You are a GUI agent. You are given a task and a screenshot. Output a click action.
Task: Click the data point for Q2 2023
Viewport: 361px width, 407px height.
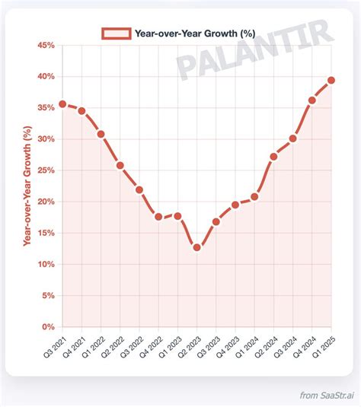point(196,247)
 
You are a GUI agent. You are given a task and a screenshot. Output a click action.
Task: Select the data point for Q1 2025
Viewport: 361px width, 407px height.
point(331,80)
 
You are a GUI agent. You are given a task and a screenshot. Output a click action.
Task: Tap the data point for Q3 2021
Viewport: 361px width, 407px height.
point(62,104)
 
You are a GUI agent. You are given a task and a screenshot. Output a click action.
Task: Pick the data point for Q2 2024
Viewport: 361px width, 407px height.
point(273,157)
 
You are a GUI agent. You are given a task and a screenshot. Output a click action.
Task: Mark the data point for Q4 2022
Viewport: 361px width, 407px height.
point(158,217)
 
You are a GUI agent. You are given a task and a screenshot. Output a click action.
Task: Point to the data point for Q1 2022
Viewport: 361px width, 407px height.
point(101,134)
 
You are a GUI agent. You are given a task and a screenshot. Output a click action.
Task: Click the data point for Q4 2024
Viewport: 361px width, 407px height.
point(312,100)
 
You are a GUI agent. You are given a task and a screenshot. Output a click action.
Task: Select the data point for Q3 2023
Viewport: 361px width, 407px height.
point(216,221)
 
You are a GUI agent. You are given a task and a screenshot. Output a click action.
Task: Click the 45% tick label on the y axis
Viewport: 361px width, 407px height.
point(45,46)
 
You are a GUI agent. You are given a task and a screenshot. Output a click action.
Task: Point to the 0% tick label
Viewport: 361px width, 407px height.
point(48,327)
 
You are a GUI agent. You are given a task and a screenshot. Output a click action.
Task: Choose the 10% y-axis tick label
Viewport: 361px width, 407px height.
point(45,265)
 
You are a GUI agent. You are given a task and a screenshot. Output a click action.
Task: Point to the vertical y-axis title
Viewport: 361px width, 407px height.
point(27,186)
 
